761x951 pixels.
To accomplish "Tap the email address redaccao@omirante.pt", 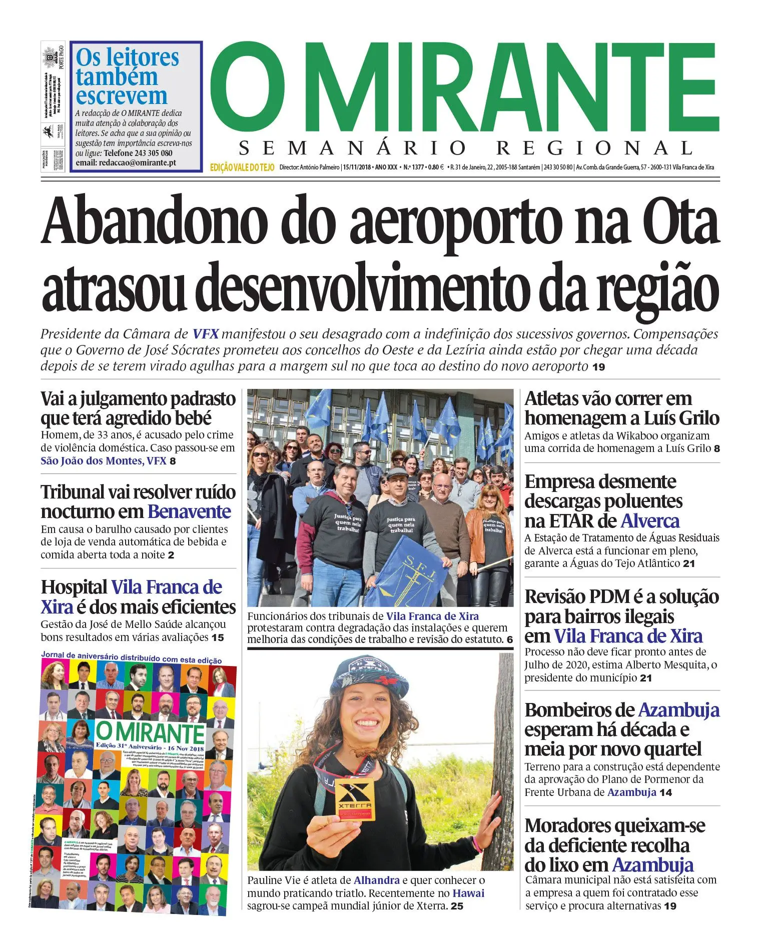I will [138, 163].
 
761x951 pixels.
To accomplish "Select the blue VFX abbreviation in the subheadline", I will [205, 334].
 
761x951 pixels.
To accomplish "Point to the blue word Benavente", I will [189, 512].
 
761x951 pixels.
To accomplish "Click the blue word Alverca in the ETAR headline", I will [650, 521].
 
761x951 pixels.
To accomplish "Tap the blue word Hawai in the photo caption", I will [468, 892].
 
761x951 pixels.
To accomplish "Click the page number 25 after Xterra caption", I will [457, 906].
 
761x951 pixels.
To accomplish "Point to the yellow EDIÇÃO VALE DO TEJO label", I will [242, 167].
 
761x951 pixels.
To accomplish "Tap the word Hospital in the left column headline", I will [74, 587].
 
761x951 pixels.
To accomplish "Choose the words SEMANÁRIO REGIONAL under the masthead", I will [466, 148].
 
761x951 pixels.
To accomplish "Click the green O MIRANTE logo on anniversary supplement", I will [150, 732].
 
